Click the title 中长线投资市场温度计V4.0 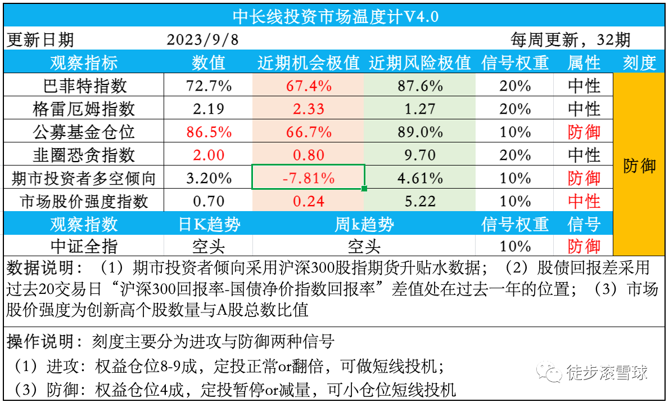coord(336,17)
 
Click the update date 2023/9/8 coord(202,40)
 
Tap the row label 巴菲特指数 coord(85,86)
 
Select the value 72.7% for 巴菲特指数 coord(209,86)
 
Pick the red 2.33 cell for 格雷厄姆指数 coord(309,109)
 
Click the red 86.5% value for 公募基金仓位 coord(209,132)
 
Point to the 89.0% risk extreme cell coord(420,132)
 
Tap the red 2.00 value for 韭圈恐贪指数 coord(209,155)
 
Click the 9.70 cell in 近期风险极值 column coord(420,155)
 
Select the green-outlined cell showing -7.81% coord(309,177)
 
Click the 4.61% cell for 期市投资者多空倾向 coord(420,178)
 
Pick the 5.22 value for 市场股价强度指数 coord(420,201)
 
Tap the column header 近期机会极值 coord(309,63)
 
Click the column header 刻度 coord(639,63)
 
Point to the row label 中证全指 coord(84,247)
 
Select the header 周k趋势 coord(364,224)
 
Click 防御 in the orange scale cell coord(639,166)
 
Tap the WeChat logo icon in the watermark coord(549,372)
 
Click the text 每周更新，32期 coord(571,40)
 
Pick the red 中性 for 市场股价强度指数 coord(584,201)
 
